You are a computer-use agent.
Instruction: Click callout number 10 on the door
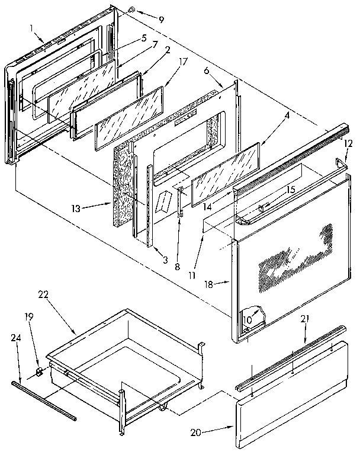pyautogui.click(x=247, y=321)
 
